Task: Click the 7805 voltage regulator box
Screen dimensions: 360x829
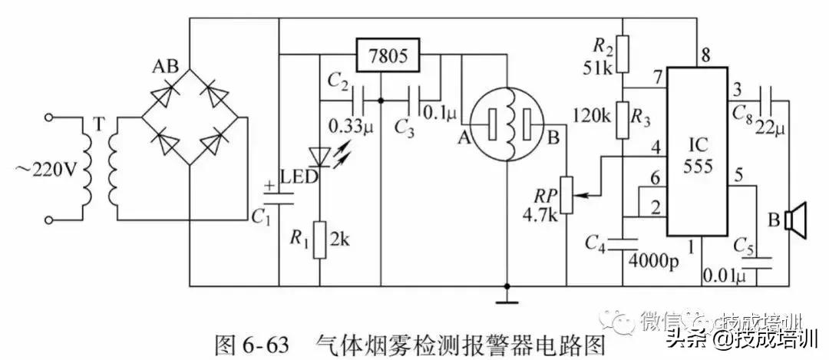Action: click(x=388, y=57)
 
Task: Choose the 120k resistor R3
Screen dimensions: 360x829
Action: click(x=624, y=117)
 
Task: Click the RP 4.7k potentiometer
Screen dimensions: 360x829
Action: click(x=566, y=196)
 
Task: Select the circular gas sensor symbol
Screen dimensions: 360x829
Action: click(x=507, y=122)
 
